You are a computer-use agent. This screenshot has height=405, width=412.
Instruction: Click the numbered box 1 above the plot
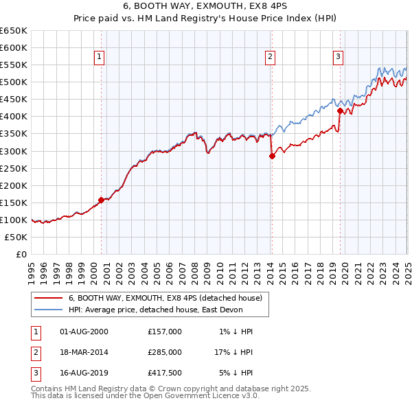tap(100, 57)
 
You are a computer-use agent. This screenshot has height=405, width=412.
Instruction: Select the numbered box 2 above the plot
tap(271, 57)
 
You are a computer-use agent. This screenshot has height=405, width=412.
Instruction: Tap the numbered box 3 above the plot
tap(339, 57)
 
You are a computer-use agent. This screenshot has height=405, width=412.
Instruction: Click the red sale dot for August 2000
tap(101, 200)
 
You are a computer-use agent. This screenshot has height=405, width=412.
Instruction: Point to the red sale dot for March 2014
tap(272, 156)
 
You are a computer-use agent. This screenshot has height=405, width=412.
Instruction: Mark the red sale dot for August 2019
tap(340, 110)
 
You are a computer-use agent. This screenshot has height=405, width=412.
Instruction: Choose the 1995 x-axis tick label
tap(32, 267)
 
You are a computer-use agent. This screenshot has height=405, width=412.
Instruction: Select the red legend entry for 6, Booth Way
tap(165, 298)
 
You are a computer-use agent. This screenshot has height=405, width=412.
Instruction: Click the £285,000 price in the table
tap(165, 352)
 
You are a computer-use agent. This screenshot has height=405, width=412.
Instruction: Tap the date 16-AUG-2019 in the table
tap(84, 373)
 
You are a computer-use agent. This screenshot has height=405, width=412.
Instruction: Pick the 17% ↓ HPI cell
tap(233, 352)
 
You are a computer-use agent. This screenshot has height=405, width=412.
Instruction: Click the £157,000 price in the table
tap(165, 332)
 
